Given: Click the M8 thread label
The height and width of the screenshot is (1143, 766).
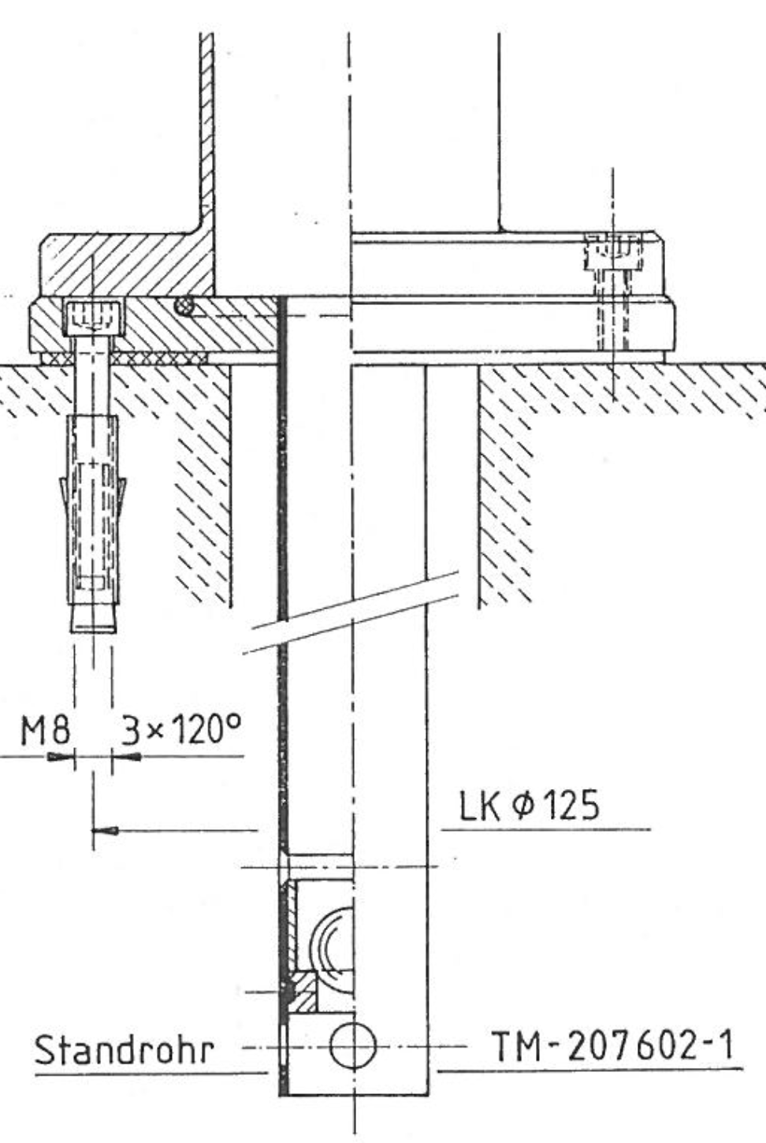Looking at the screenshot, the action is pos(46,729).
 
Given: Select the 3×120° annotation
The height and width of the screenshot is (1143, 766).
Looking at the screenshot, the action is pos(180,728).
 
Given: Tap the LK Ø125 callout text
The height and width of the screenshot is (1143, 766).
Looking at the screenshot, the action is pos(530,805).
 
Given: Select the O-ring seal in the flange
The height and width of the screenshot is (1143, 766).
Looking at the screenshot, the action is pos(184,306).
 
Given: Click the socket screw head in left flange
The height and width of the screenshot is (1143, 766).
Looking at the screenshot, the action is pos(93,318).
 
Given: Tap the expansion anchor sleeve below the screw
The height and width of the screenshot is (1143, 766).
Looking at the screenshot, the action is pos(93,523).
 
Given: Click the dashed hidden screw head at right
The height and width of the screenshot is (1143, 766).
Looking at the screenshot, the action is pos(613,251).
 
